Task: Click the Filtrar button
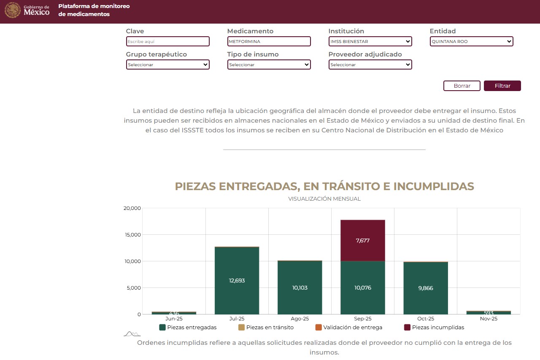point(502,86)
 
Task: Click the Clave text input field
point(167,41)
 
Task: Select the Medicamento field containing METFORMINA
point(269,41)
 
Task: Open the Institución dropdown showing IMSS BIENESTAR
point(370,41)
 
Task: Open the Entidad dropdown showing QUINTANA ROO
point(471,41)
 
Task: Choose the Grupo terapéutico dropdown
point(167,64)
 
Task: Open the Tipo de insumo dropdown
point(269,64)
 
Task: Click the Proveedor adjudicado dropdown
point(370,64)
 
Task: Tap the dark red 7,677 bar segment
point(362,240)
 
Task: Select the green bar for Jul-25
point(237,280)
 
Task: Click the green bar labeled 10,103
point(300,287)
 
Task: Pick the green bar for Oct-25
point(425,288)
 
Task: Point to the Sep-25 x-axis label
point(362,319)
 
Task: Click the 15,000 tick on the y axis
point(132,235)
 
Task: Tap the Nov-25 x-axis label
point(488,319)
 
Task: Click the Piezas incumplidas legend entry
point(434,328)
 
